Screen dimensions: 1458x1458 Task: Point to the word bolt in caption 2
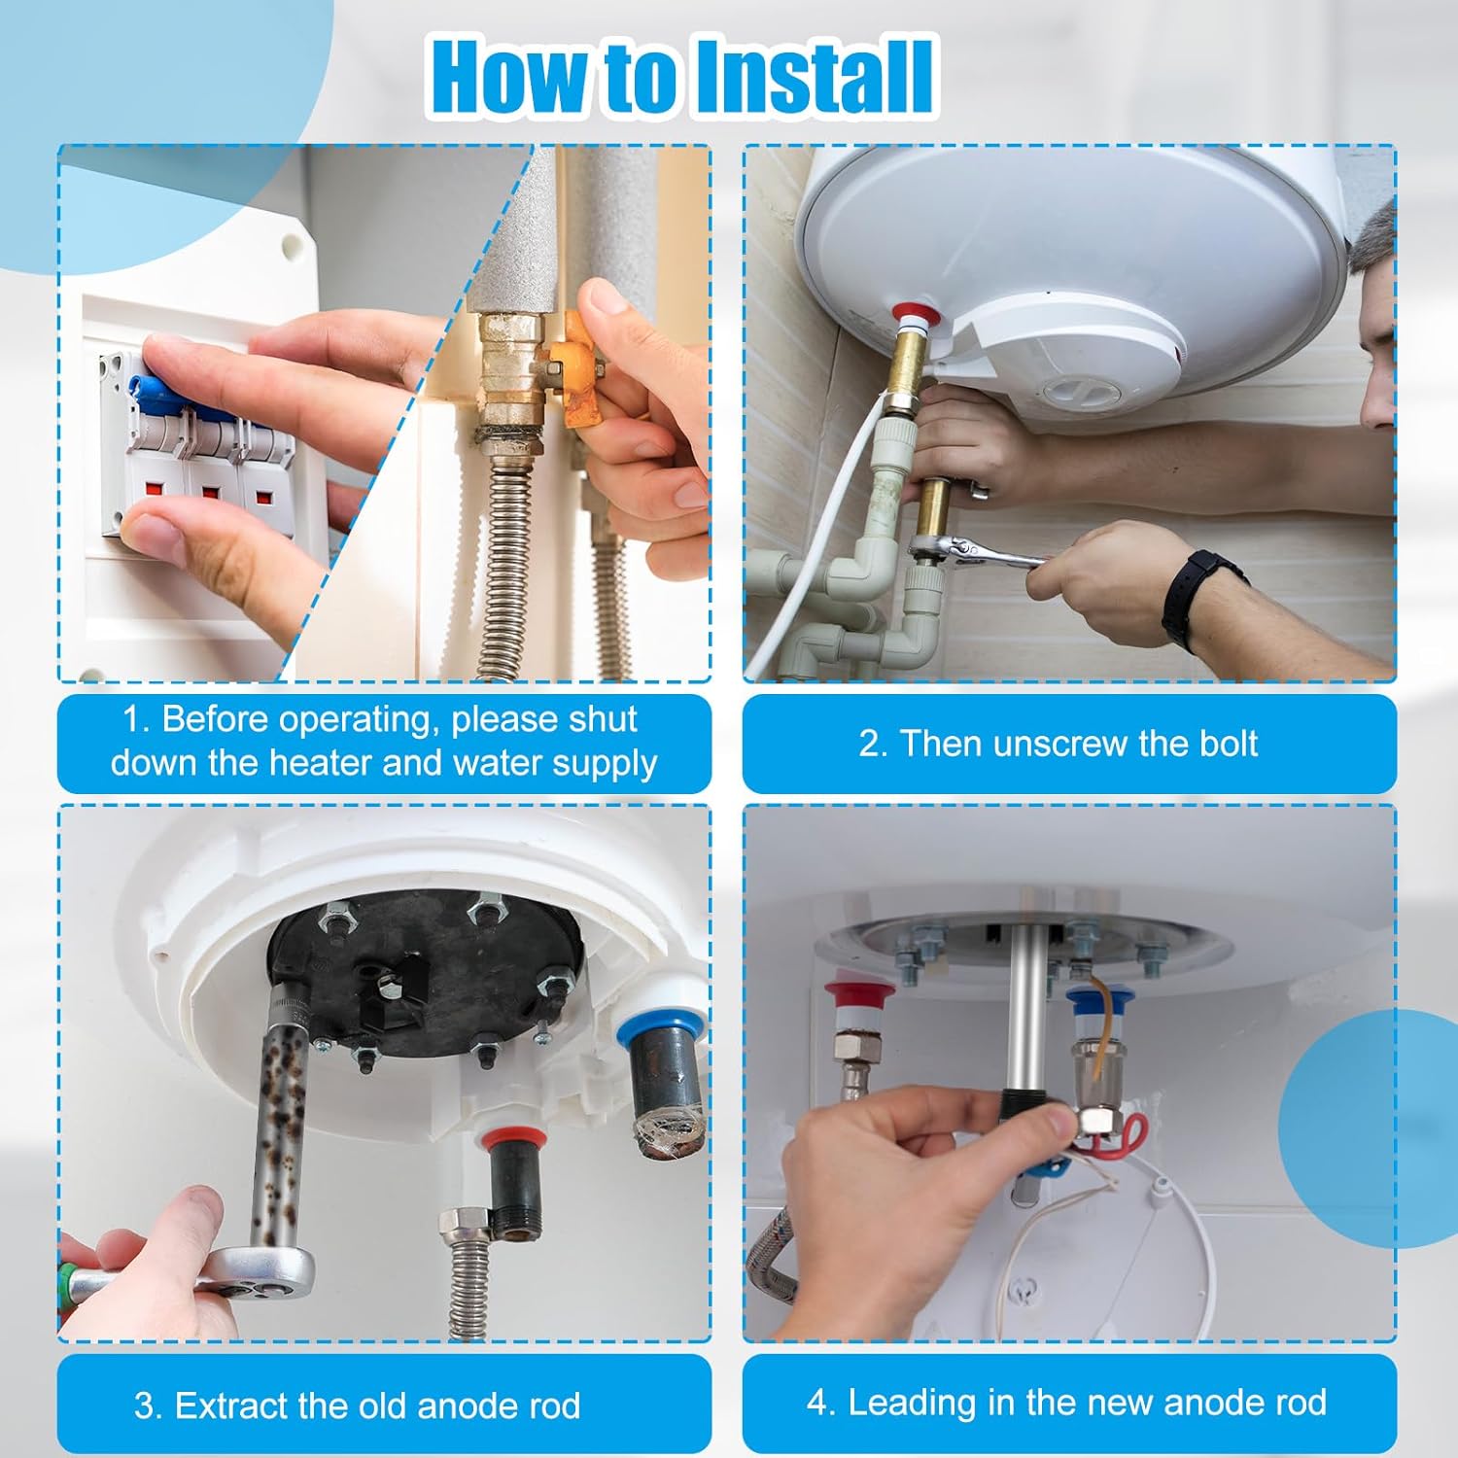pos(1228,744)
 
